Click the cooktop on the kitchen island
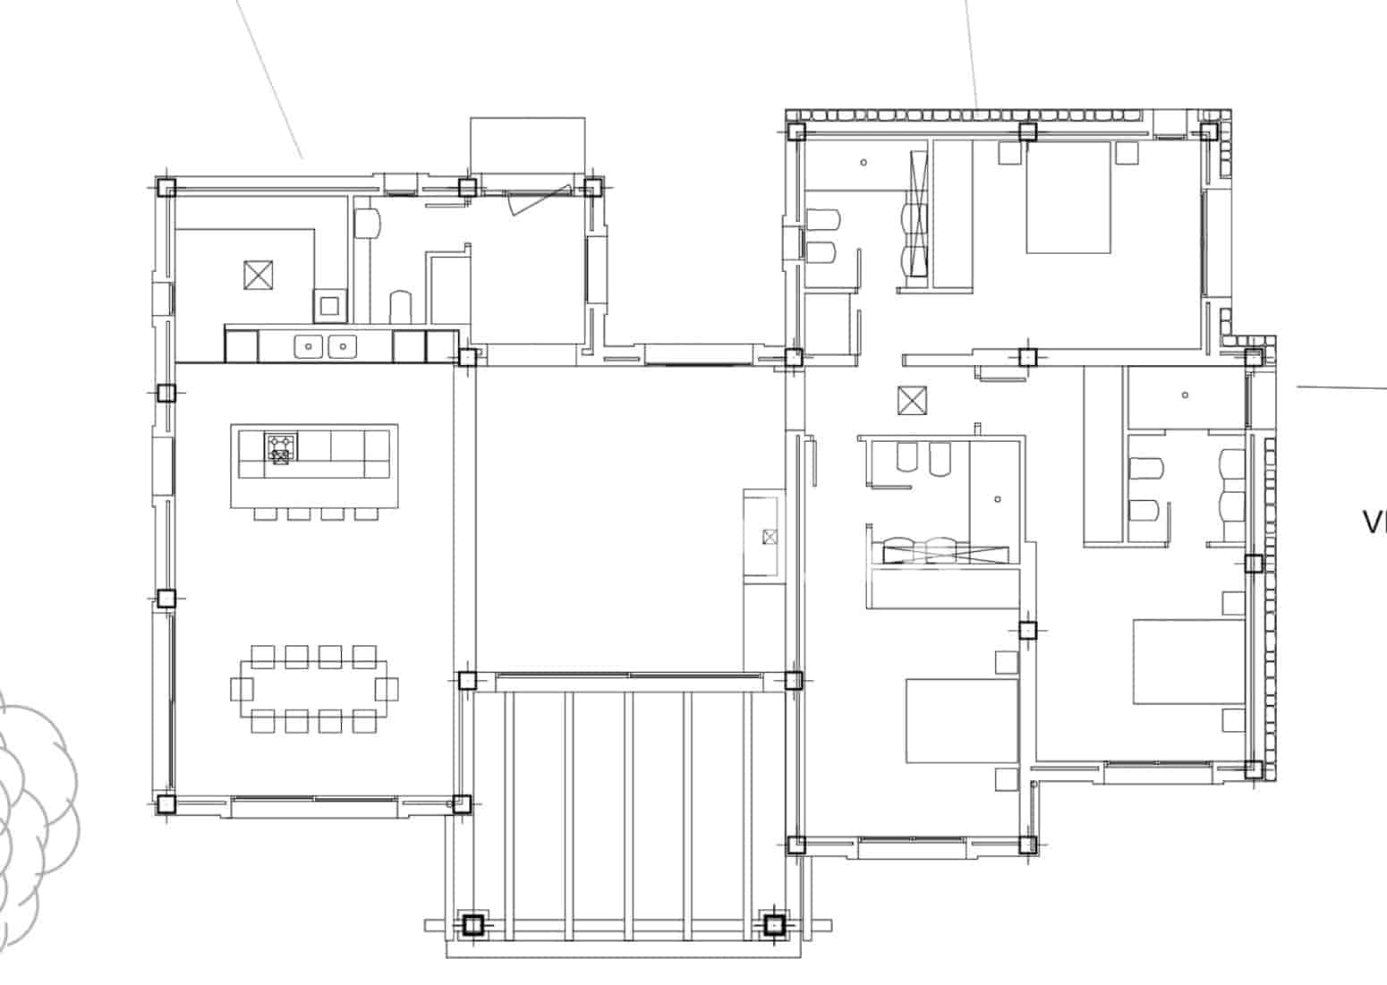pyautogui.click(x=280, y=447)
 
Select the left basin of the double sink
pyautogui.click(x=309, y=345)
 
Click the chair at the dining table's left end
pyautogui.click(x=242, y=689)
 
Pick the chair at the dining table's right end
pyautogui.click(x=387, y=689)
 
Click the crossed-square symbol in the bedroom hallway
pyautogui.click(x=911, y=400)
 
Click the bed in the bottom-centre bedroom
pyautogui.click(x=961, y=721)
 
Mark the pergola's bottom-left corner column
pyautogui.click(x=472, y=924)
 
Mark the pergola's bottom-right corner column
pyautogui.click(x=773, y=924)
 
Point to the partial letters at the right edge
pyautogui.click(x=1374, y=522)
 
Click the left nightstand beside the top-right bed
pyautogui.click(x=1008, y=154)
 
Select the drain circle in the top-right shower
pyautogui.click(x=864, y=163)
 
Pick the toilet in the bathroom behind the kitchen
pyautogui.click(x=400, y=306)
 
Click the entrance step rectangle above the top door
pyautogui.click(x=527, y=145)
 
